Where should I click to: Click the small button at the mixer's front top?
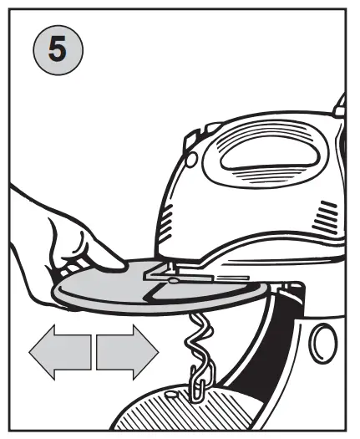coord(191,139)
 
